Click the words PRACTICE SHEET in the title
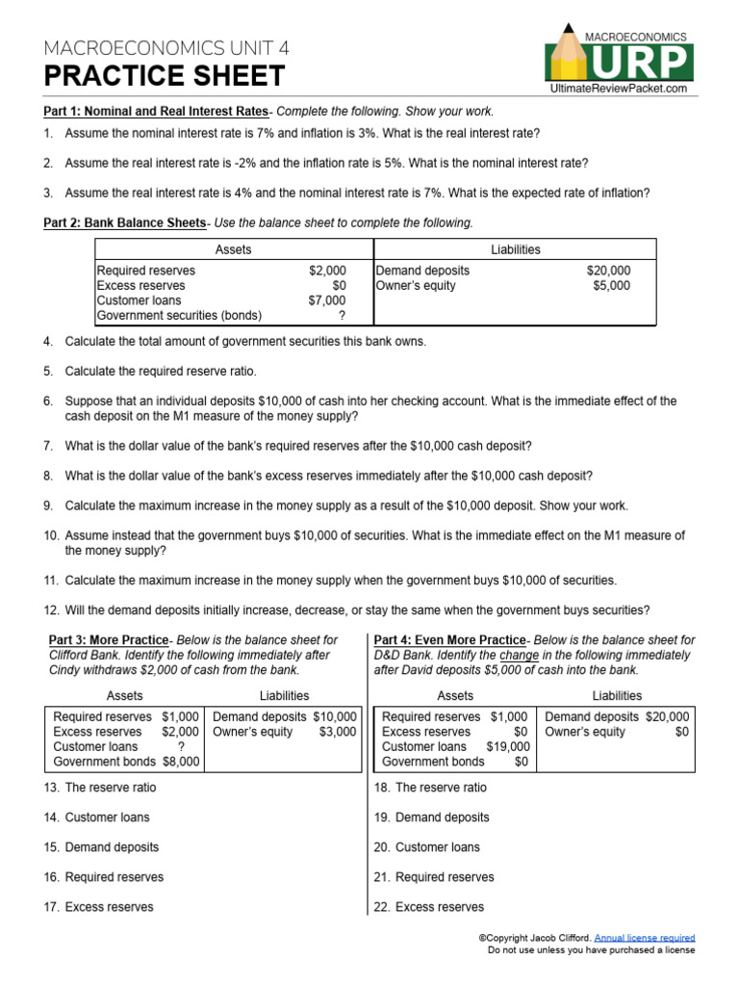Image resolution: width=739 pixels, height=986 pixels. pyautogui.click(x=165, y=76)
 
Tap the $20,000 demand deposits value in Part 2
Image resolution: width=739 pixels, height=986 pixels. pyautogui.click(x=608, y=272)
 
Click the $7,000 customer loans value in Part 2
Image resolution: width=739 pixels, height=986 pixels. pyautogui.click(x=327, y=300)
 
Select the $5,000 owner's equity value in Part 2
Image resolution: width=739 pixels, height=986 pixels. pyautogui.click(x=612, y=286)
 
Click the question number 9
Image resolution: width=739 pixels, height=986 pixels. pyautogui.click(x=49, y=506)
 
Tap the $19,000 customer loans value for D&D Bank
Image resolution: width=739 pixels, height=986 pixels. pyautogui.click(x=508, y=746)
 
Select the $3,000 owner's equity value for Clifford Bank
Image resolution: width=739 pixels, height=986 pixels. pyautogui.click(x=338, y=732)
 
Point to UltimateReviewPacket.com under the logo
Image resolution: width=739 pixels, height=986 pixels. pyautogui.click(x=619, y=89)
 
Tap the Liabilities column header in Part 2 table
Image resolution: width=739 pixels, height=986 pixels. pyautogui.click(x=515, y=249)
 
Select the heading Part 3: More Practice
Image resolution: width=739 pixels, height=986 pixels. pyautogui.click(x=109, y=640)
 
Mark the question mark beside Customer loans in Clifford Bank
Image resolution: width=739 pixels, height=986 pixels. pyautogui.click(x=181, y=746)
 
